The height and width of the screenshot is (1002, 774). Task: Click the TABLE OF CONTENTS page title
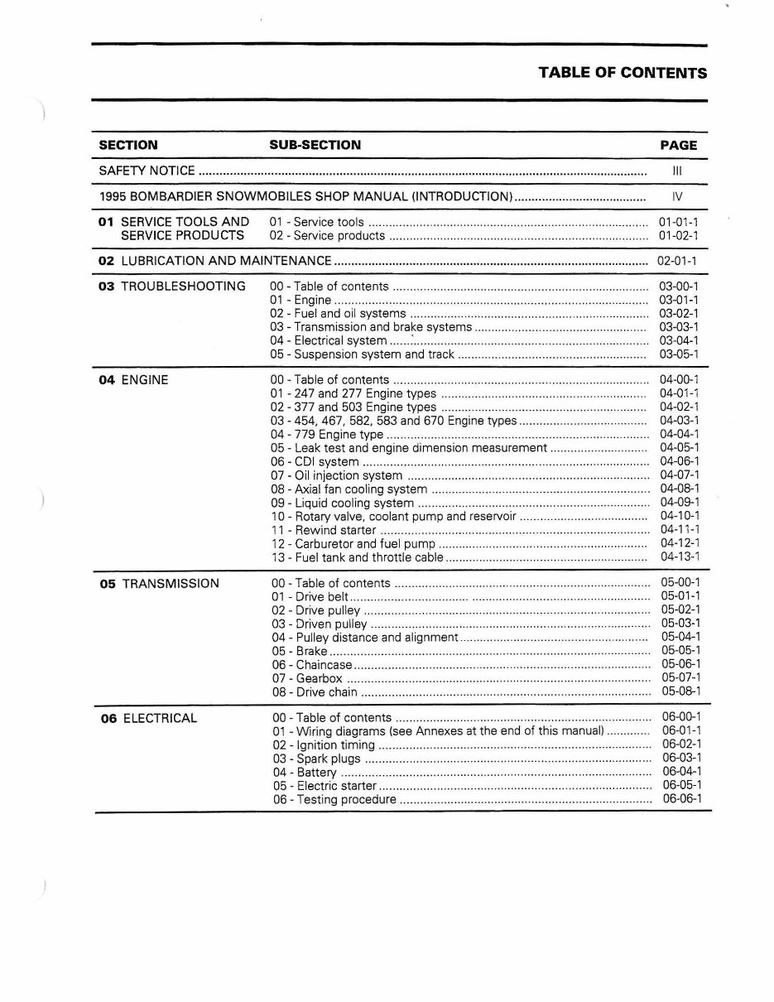point(623,73)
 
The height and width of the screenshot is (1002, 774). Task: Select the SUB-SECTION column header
point(315,145)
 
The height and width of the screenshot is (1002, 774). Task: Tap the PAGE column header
point(678,145)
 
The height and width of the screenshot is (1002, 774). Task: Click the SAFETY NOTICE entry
point(147,171)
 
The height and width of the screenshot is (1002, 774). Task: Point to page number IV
point(677,197)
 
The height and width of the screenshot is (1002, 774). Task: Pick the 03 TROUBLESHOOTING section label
point(171,287)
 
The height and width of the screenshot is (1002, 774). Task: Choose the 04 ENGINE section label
point(133,380)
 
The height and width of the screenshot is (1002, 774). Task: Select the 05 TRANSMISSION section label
point(160,584)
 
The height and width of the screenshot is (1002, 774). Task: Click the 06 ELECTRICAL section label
point(149,719)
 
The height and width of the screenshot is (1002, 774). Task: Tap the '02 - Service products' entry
point(327,236)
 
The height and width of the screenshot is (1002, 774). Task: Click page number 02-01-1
point(677,261)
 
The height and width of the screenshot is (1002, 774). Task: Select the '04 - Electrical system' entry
point(328,340)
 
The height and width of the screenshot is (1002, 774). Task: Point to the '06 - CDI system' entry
point(315,462)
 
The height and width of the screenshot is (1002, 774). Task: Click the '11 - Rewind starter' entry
point(323,530)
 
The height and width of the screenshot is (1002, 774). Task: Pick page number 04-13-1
point(680,557)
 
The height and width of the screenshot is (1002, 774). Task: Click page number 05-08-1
point(680,691)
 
